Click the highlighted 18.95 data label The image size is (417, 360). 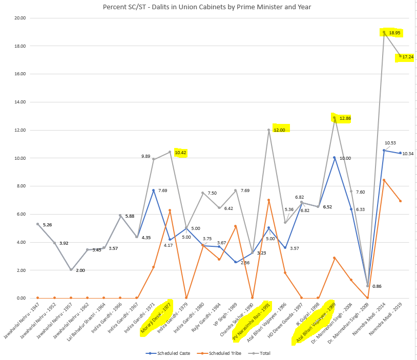point(394,33)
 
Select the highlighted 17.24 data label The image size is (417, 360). point(407,57)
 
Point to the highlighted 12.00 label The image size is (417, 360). point(281,130)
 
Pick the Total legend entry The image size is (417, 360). point(259,353)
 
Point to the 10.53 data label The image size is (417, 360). point(390,143)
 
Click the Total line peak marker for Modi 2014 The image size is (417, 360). point(384,32)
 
